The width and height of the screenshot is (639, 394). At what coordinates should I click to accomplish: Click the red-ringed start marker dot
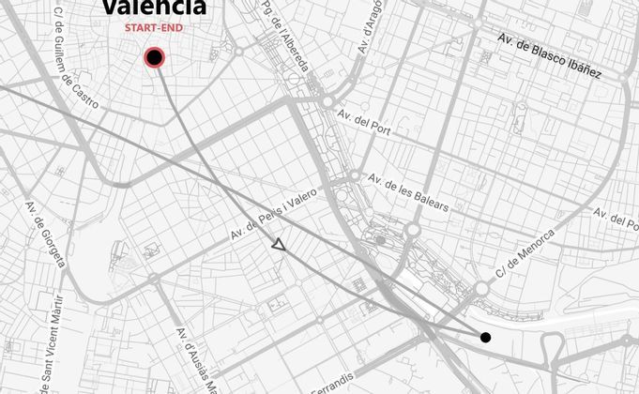click(155, 58)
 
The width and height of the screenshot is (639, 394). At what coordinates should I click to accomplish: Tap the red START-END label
click(154, 28)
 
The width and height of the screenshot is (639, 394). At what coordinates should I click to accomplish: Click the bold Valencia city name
click(154, 8)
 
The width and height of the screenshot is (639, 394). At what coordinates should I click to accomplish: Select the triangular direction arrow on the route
click(278, 245)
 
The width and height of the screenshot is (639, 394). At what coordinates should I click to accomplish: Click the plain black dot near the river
click(485, 337)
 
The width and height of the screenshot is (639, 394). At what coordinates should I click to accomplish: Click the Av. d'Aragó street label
click(372, 28)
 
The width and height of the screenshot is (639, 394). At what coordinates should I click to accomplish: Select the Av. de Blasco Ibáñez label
click(549, 56)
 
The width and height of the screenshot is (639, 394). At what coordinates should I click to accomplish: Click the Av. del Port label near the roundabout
click(364, 120)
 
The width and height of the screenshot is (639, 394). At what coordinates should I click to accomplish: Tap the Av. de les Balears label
click(407, 191)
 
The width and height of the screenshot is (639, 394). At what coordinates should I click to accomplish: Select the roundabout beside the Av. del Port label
click(327, 101)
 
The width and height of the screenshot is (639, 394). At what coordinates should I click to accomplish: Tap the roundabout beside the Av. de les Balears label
click(355, 176)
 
